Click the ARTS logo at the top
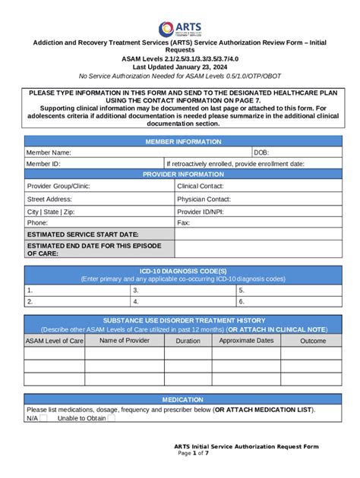tap(181, 29)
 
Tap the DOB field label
tap(261, 153)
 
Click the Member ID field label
tap(43, 163)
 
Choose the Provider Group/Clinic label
tap(58, 185)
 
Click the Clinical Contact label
tap(200, 185)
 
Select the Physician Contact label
tap(203, 199)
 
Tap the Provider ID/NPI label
tap(200, 212)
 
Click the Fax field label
tap(183, 223)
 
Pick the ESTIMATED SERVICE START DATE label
tap(82, 234)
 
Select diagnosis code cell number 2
tap(76, 301)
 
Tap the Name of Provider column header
tap(125, 341)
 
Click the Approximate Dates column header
tap(245, 341)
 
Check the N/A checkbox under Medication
tap(43, 418)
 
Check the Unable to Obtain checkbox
tap(112, 418)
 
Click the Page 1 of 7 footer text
tap(195, 454)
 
